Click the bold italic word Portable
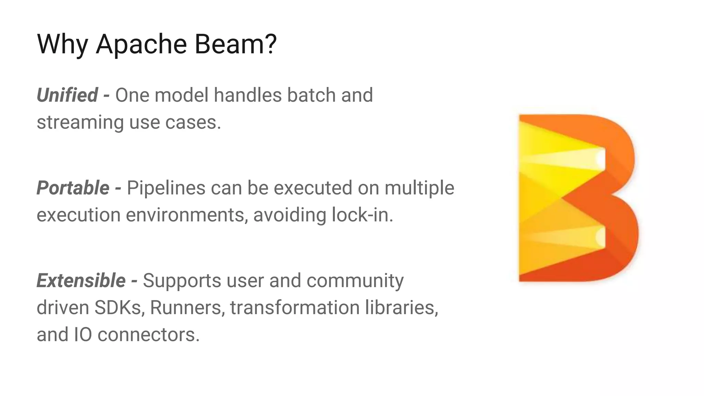[x=73, y=188]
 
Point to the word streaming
[x=80, y=122]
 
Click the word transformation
[x=295, y=307]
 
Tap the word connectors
[x=148, y=334]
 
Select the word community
[x=355, y=281]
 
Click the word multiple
[x=419, y=188]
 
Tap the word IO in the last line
[x=83, y=334]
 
